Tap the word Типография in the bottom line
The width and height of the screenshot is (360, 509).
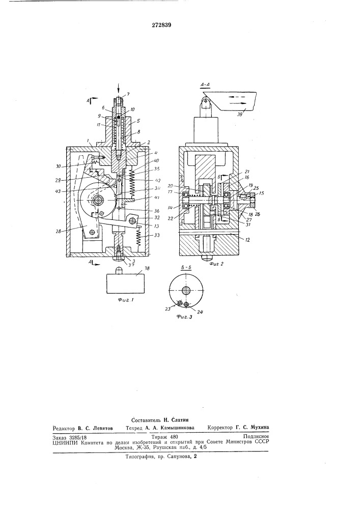pos(144,457)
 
